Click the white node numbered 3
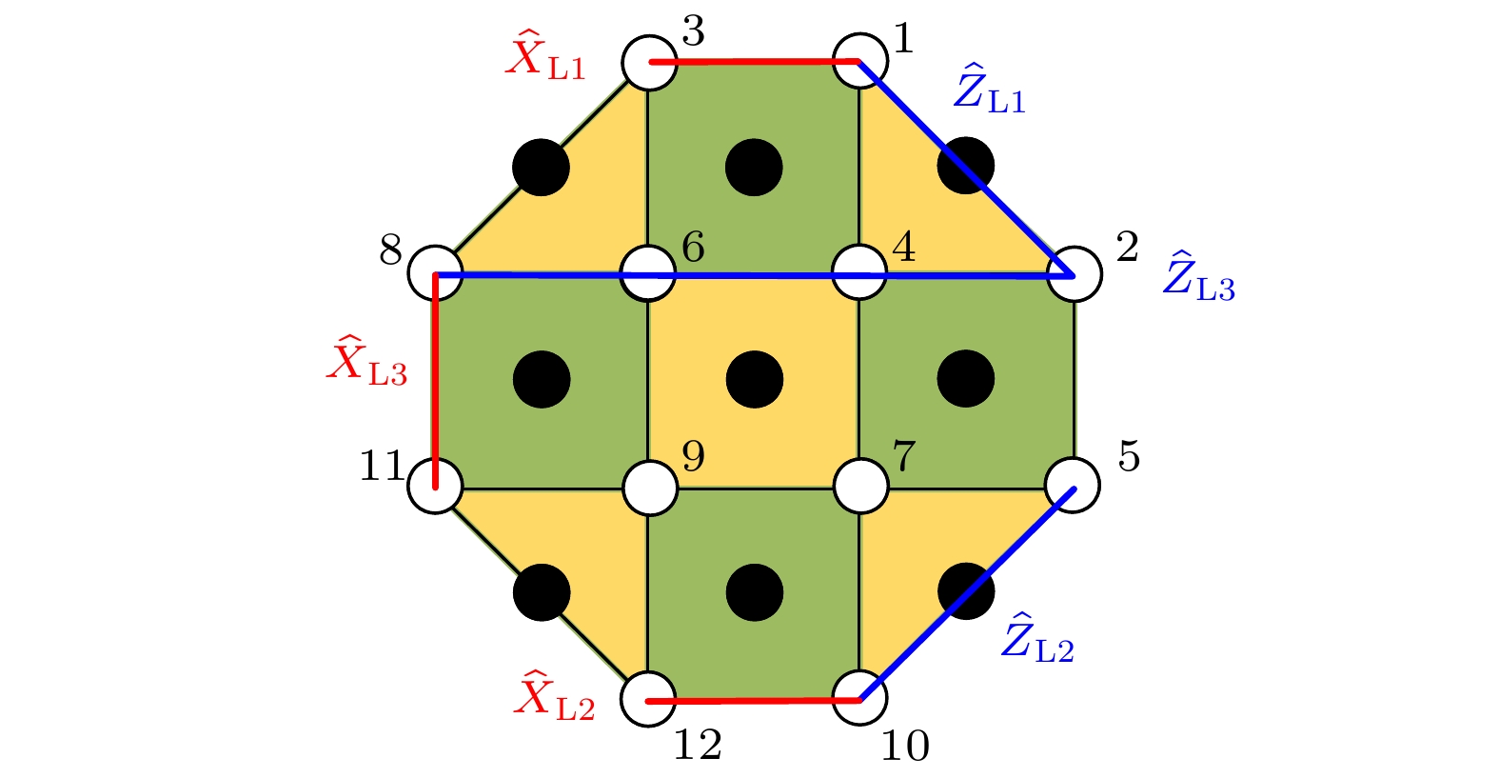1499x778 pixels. click(649, 62)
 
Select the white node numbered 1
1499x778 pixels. click(860, 61)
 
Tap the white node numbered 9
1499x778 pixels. click(650, 489)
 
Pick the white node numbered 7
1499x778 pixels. click(861, 486)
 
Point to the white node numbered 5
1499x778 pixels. click(1073, 486)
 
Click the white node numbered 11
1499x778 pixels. click(436, 487)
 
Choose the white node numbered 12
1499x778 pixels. click(648, 699)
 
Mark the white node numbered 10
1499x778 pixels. click(860, 698)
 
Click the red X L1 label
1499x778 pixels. click(545, 55)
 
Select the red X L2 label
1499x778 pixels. click(554, 694)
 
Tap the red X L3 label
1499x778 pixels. click(367, 361)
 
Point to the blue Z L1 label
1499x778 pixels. click(990, 89)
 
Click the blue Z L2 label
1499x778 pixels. click(1037, 638)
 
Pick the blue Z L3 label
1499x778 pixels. click(1198, 276)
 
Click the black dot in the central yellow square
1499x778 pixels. click(755, 380)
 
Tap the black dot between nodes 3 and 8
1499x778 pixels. click(542, 168)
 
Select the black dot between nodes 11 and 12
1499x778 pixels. click(542, 592)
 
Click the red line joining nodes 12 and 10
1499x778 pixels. click(754, 700)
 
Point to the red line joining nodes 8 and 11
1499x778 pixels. click(436, 381)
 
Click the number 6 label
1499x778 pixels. click(693, 247)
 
